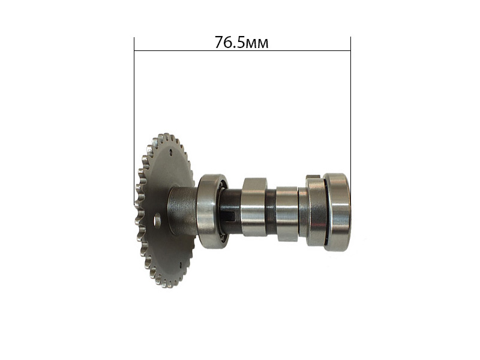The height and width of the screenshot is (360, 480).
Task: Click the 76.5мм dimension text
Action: (241, 42)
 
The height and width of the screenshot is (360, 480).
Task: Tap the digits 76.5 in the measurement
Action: (230, 42)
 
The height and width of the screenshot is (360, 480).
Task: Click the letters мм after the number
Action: (257, 44)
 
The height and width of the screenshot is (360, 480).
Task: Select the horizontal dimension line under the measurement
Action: (242, 50)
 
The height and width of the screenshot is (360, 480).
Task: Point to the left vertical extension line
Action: (134, 121)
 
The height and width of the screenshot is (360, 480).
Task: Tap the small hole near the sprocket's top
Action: (170, 151)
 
